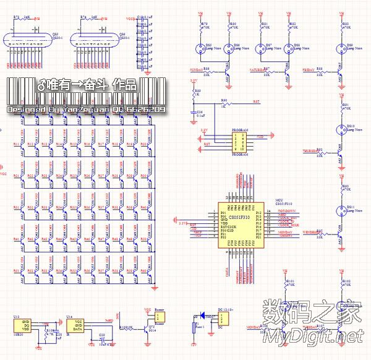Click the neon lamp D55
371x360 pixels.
tap(200, 48)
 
